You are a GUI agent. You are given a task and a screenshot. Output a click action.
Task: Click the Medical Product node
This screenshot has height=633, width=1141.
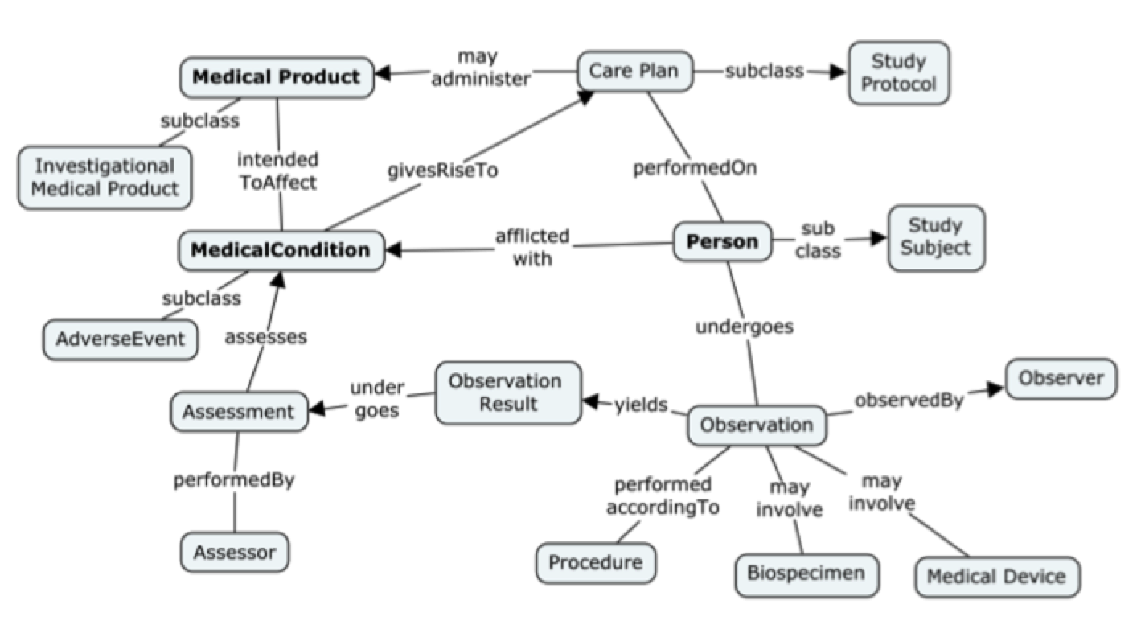(x=276, y=77)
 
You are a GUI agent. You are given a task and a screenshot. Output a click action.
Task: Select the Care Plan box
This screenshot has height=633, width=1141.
(x=634, y=71)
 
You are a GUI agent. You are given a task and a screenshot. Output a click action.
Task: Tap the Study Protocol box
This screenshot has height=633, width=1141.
(x=898, y=73)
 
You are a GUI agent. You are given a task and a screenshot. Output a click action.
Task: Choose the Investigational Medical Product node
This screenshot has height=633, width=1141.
(x=105, y=178)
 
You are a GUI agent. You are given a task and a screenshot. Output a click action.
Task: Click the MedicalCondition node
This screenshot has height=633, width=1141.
(x=281, y=250)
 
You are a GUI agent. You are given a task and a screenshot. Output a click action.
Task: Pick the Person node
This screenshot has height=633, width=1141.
(x=721, y=241)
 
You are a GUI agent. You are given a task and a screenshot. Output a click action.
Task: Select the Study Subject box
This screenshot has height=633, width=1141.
(x=935, y=237)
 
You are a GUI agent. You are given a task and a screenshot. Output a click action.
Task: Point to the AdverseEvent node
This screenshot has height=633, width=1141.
(x=120, y=339)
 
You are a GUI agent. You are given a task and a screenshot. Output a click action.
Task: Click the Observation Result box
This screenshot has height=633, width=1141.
(x=507, y=393)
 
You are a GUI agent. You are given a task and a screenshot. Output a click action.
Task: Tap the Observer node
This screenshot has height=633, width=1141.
(x=1061, y=378)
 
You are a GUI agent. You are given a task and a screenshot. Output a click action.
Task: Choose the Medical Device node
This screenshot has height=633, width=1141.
(x=996, y=577)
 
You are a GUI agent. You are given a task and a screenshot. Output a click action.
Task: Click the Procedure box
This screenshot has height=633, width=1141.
(x=595, y=562)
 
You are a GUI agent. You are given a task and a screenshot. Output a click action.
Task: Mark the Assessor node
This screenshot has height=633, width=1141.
(x=234, y=553)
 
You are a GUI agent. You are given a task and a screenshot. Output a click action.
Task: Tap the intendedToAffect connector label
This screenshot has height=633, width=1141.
(x=278, y=171)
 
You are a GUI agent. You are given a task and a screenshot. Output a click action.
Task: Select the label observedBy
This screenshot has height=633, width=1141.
(x=908, y=401)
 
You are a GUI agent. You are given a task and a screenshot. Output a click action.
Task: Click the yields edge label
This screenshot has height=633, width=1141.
(x=641, y=405)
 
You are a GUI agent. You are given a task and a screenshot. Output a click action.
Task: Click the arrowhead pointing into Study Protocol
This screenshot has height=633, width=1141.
(x=838, y=72)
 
